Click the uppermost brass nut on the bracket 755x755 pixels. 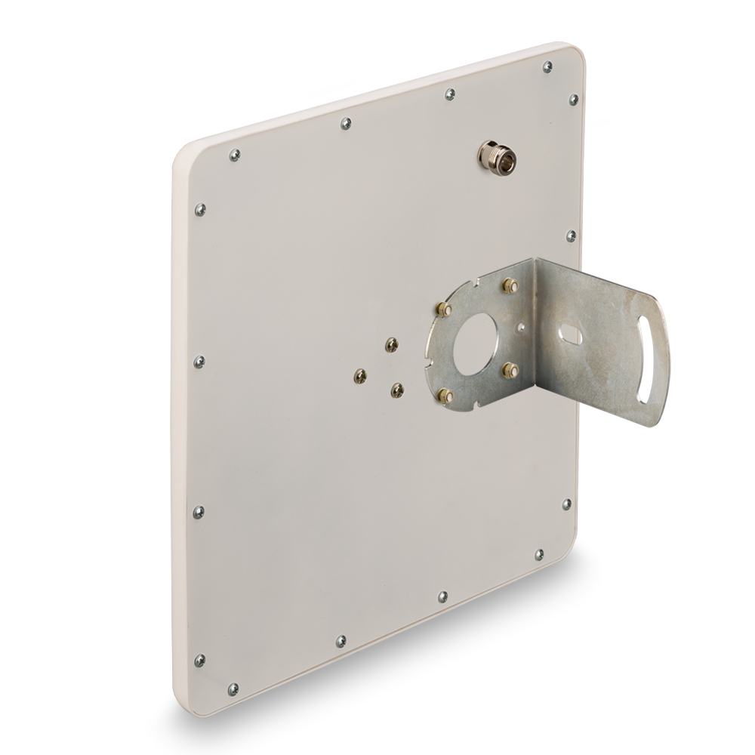pyautogui.click(x=510, y=285)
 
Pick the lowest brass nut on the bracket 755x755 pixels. pyautogui.click(x=446, y=395)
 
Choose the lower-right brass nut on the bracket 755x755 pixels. pyautogui.click(x=510, y=370)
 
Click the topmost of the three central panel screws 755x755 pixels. pyautogui.click(x=391, y=345)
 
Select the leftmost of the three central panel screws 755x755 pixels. pyautogui.click(x=361, y=374)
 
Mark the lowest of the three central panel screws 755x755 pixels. pyautogui.click(x=397, y=390)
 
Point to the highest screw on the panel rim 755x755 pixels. pyautogui.click(x=547, y=67)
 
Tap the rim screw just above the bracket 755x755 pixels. pyautogui.click(x=572, y=236)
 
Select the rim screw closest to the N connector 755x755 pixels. pyautogui.click(x=573, y=100)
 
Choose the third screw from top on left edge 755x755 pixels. pyautogui.click(x=199, y=361)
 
